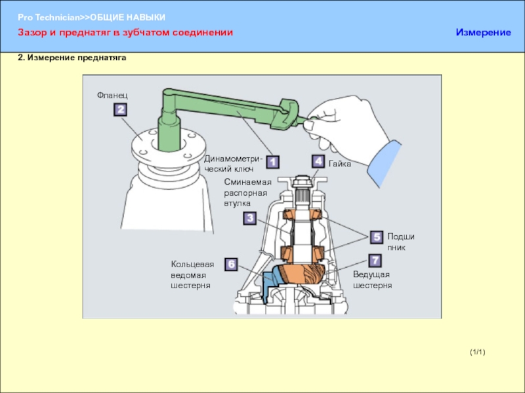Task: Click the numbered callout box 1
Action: (x=272, y=162)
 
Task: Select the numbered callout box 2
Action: (x=120, y=109)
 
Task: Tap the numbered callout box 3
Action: (x=250, y=218)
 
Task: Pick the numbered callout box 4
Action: (x=318, y=161)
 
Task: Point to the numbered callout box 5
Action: (x=377, y=237)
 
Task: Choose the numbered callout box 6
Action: (x=232, y=265)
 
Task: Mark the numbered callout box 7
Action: (x=375, y=261)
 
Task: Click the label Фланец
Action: (x=112, y=96)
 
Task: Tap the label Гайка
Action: (x=340, y=164)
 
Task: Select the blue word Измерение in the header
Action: (x=483, y=32)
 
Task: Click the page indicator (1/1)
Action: (x=478, y=352)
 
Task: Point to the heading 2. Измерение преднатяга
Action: (x=72, y=58)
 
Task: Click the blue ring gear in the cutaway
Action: (x=270, y=283)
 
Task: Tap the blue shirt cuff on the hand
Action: (x=384, y=162)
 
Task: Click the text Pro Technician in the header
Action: (x=49, y=18)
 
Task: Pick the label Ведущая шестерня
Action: (x=372, y=280)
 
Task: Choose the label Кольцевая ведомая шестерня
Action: (x=192, y=275)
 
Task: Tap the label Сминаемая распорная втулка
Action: (x=248, y=193)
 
